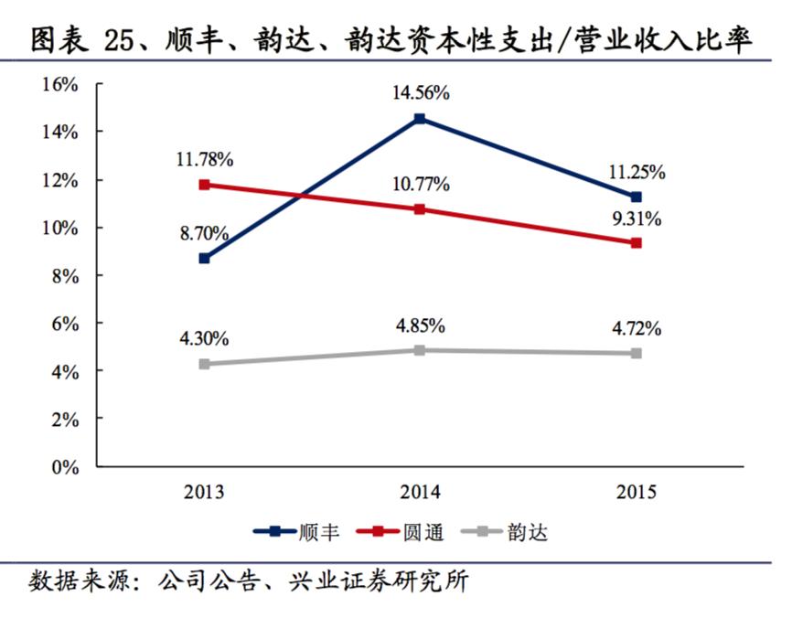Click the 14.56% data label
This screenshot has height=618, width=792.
[x=420, y=92]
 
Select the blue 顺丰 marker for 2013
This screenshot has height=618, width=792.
[x=204, y=259]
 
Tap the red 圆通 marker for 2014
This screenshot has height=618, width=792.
[x=420, y=209]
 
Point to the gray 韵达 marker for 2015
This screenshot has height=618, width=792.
[x=636, y=353]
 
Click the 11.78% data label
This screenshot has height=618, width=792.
[x=204, y=160]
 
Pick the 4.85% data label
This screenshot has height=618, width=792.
[x=420, y=325]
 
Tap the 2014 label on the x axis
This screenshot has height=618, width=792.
[x=420, y=492]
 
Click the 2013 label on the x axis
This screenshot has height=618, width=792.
[x=204, y=492]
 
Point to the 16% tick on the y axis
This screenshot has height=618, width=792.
[x=59, y=85]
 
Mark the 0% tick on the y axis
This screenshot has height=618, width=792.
[x=64, y=467]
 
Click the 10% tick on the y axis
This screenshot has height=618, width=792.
[x=59, y=228]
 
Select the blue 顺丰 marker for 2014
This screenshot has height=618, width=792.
[x=420, y=119]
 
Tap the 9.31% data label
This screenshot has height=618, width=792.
[x=636, y=219]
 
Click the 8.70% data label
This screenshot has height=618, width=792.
[x=204, y=232]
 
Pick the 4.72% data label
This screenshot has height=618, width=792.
[x=636, y=328]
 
